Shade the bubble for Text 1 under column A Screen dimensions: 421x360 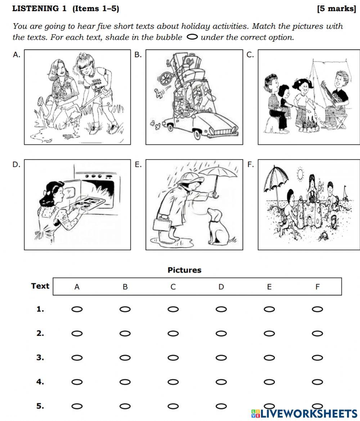click(77, 309)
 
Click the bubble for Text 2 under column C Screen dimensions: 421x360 click(173, 334)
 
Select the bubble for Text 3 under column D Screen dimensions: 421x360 click(221, 358)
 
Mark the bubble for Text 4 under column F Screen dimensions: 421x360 click(317, 382)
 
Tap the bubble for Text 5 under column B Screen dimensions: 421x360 click(125, 406)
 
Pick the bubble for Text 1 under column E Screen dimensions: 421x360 click(269, 309)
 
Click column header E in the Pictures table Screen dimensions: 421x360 click(269, 287)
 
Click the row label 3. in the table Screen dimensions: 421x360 click(40, 358)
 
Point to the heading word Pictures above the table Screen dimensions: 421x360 click(184, 270)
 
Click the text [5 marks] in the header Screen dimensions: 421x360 click(336, 9)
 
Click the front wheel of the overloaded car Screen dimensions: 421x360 click(197, 134)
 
